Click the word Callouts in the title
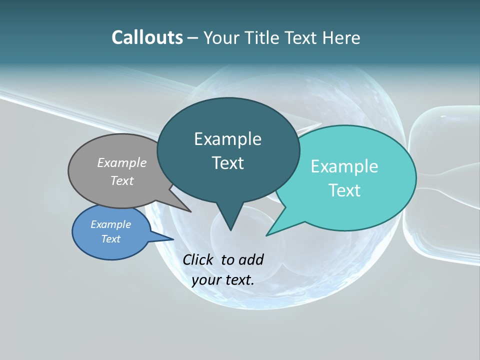coord(147,37)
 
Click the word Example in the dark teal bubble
coord(227,139)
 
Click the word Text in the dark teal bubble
coord(227,163)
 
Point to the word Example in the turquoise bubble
coord(344,166)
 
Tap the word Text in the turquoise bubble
coord(344,190)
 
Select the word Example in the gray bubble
coord(122,163)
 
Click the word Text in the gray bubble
coord(122,181)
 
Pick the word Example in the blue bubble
coord(110,224)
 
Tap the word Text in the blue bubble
coord(110,239)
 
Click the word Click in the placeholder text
coord(199,259)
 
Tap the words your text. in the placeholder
coord(222,280)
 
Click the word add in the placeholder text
coord(250,259)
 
